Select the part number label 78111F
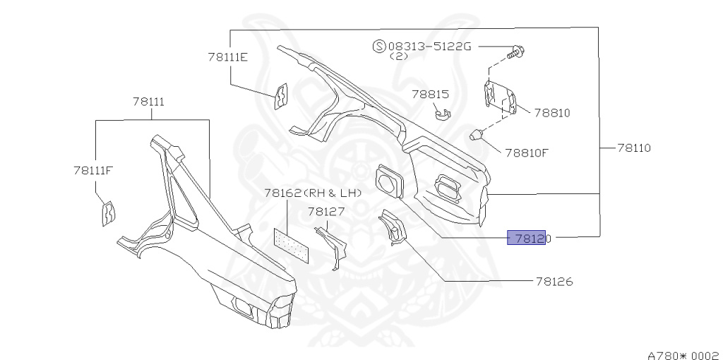pos(93,170)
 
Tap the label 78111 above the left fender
pos(148,102)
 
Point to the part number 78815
pos(431,93)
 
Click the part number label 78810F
pos(526,151)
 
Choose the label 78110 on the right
pos(633,148)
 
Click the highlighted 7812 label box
pos(527,239)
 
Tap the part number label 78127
pos(325,212)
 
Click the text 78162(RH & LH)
pos(313,193)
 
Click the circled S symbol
pos(379,47)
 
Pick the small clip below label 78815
pos(443,113)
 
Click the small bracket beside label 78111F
pos(108,212)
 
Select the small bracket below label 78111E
pos(281,96)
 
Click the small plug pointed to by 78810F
pos(478,134)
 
